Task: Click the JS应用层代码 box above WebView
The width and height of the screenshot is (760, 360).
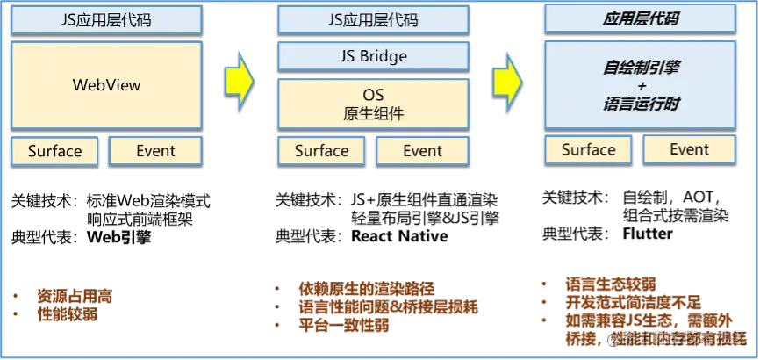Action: point(105,19)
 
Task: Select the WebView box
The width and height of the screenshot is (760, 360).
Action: point(105,86)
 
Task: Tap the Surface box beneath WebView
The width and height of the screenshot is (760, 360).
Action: point(54,150)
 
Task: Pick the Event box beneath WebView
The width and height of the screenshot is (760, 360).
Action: point(155,150)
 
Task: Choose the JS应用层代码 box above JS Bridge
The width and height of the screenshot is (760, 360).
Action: point(372,19)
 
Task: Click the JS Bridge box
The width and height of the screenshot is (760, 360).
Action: point(372,57)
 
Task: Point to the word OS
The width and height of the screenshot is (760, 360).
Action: point(373,94)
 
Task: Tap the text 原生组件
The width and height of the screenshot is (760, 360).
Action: point(373,113)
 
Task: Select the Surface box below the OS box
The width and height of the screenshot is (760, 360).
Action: point(321,150)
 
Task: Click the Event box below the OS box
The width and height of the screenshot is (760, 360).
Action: point(422,150)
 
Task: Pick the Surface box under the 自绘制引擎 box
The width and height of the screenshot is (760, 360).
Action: point(588,149)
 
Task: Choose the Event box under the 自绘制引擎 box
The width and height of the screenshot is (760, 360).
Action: point(689,149)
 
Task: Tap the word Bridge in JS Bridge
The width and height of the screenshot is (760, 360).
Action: point(384,57)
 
